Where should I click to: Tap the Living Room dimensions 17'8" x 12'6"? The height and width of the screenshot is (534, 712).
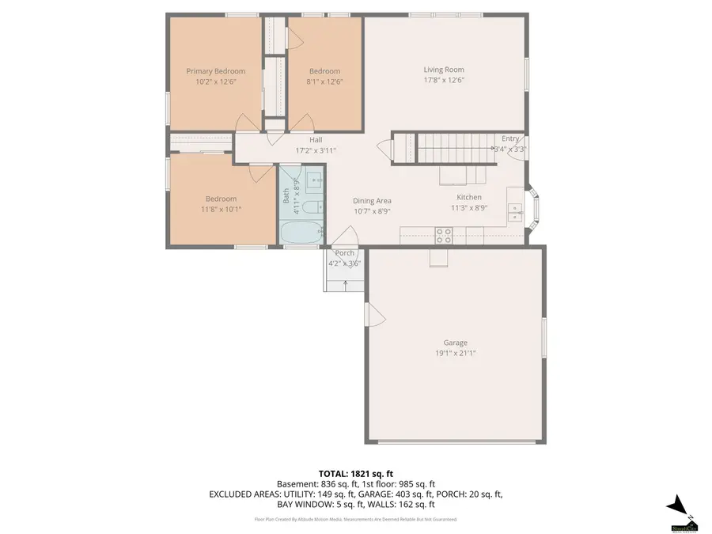443,80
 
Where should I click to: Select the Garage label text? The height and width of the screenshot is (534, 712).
455,343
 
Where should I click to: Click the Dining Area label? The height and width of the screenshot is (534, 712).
372,201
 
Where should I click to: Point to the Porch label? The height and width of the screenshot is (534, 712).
344,253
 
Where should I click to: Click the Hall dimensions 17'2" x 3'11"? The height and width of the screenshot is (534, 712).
316,150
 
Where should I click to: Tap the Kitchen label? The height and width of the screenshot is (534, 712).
468,197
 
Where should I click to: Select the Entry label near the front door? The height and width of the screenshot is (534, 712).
510,138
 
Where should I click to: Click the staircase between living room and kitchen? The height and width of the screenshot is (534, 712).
443,146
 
